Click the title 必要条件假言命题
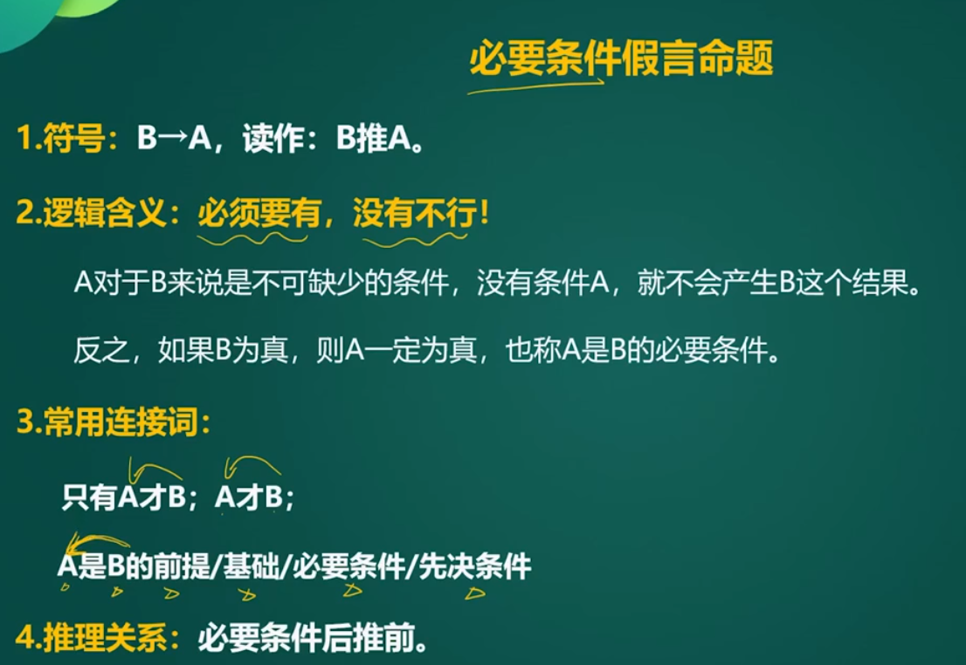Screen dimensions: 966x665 (621, 58)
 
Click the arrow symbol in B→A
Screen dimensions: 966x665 (173, 137)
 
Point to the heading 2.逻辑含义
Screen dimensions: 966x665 (91, 214)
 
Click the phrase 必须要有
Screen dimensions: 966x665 (259, 214)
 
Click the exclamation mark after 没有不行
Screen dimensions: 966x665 (484, 213)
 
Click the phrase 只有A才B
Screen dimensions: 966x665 (124, 497)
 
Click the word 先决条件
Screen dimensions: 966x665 (475, 566)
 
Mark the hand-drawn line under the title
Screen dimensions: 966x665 (535, 86)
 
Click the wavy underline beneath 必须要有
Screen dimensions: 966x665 (252, 238)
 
